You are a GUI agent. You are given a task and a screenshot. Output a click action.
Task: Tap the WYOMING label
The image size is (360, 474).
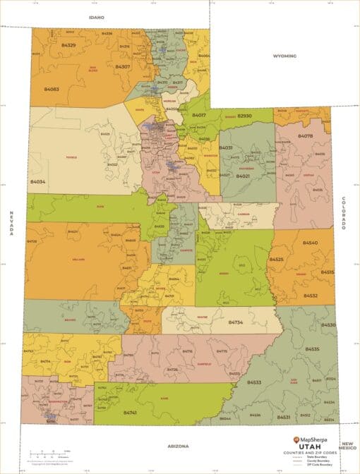[284, 56]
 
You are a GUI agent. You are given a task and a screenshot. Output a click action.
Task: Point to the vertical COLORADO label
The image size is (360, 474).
[344, 213]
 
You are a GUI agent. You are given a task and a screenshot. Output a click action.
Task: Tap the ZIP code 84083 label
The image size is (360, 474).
[52, 90]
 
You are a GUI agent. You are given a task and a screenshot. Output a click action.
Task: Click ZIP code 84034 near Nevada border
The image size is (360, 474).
[37, 181]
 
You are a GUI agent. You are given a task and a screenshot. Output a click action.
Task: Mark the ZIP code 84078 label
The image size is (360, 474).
[305, 135]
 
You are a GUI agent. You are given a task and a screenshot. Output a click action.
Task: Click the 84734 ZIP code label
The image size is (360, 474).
[236, 322]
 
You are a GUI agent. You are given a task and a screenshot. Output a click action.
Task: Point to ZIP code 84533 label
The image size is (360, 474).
[254, 382]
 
